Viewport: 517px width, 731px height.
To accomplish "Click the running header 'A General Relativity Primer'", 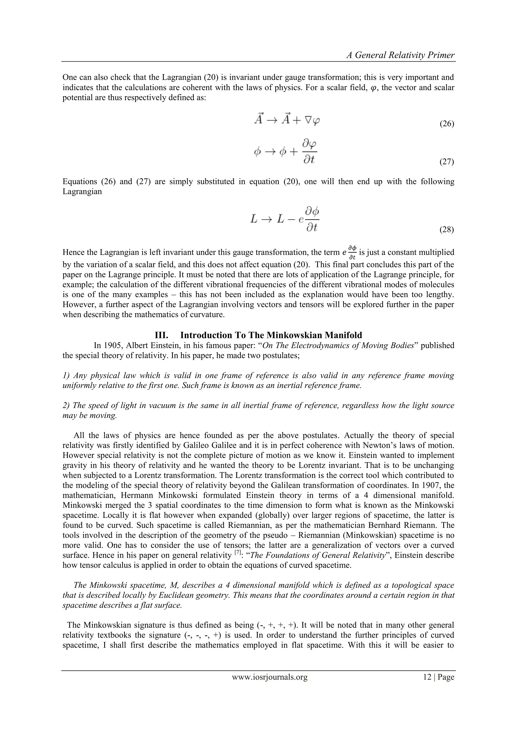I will point(400,55).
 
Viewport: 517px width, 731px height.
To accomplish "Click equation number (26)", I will point(446,124).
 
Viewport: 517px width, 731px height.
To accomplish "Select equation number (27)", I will point(446,162).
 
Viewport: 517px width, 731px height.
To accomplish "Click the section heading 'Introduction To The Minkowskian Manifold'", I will point(271,335).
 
